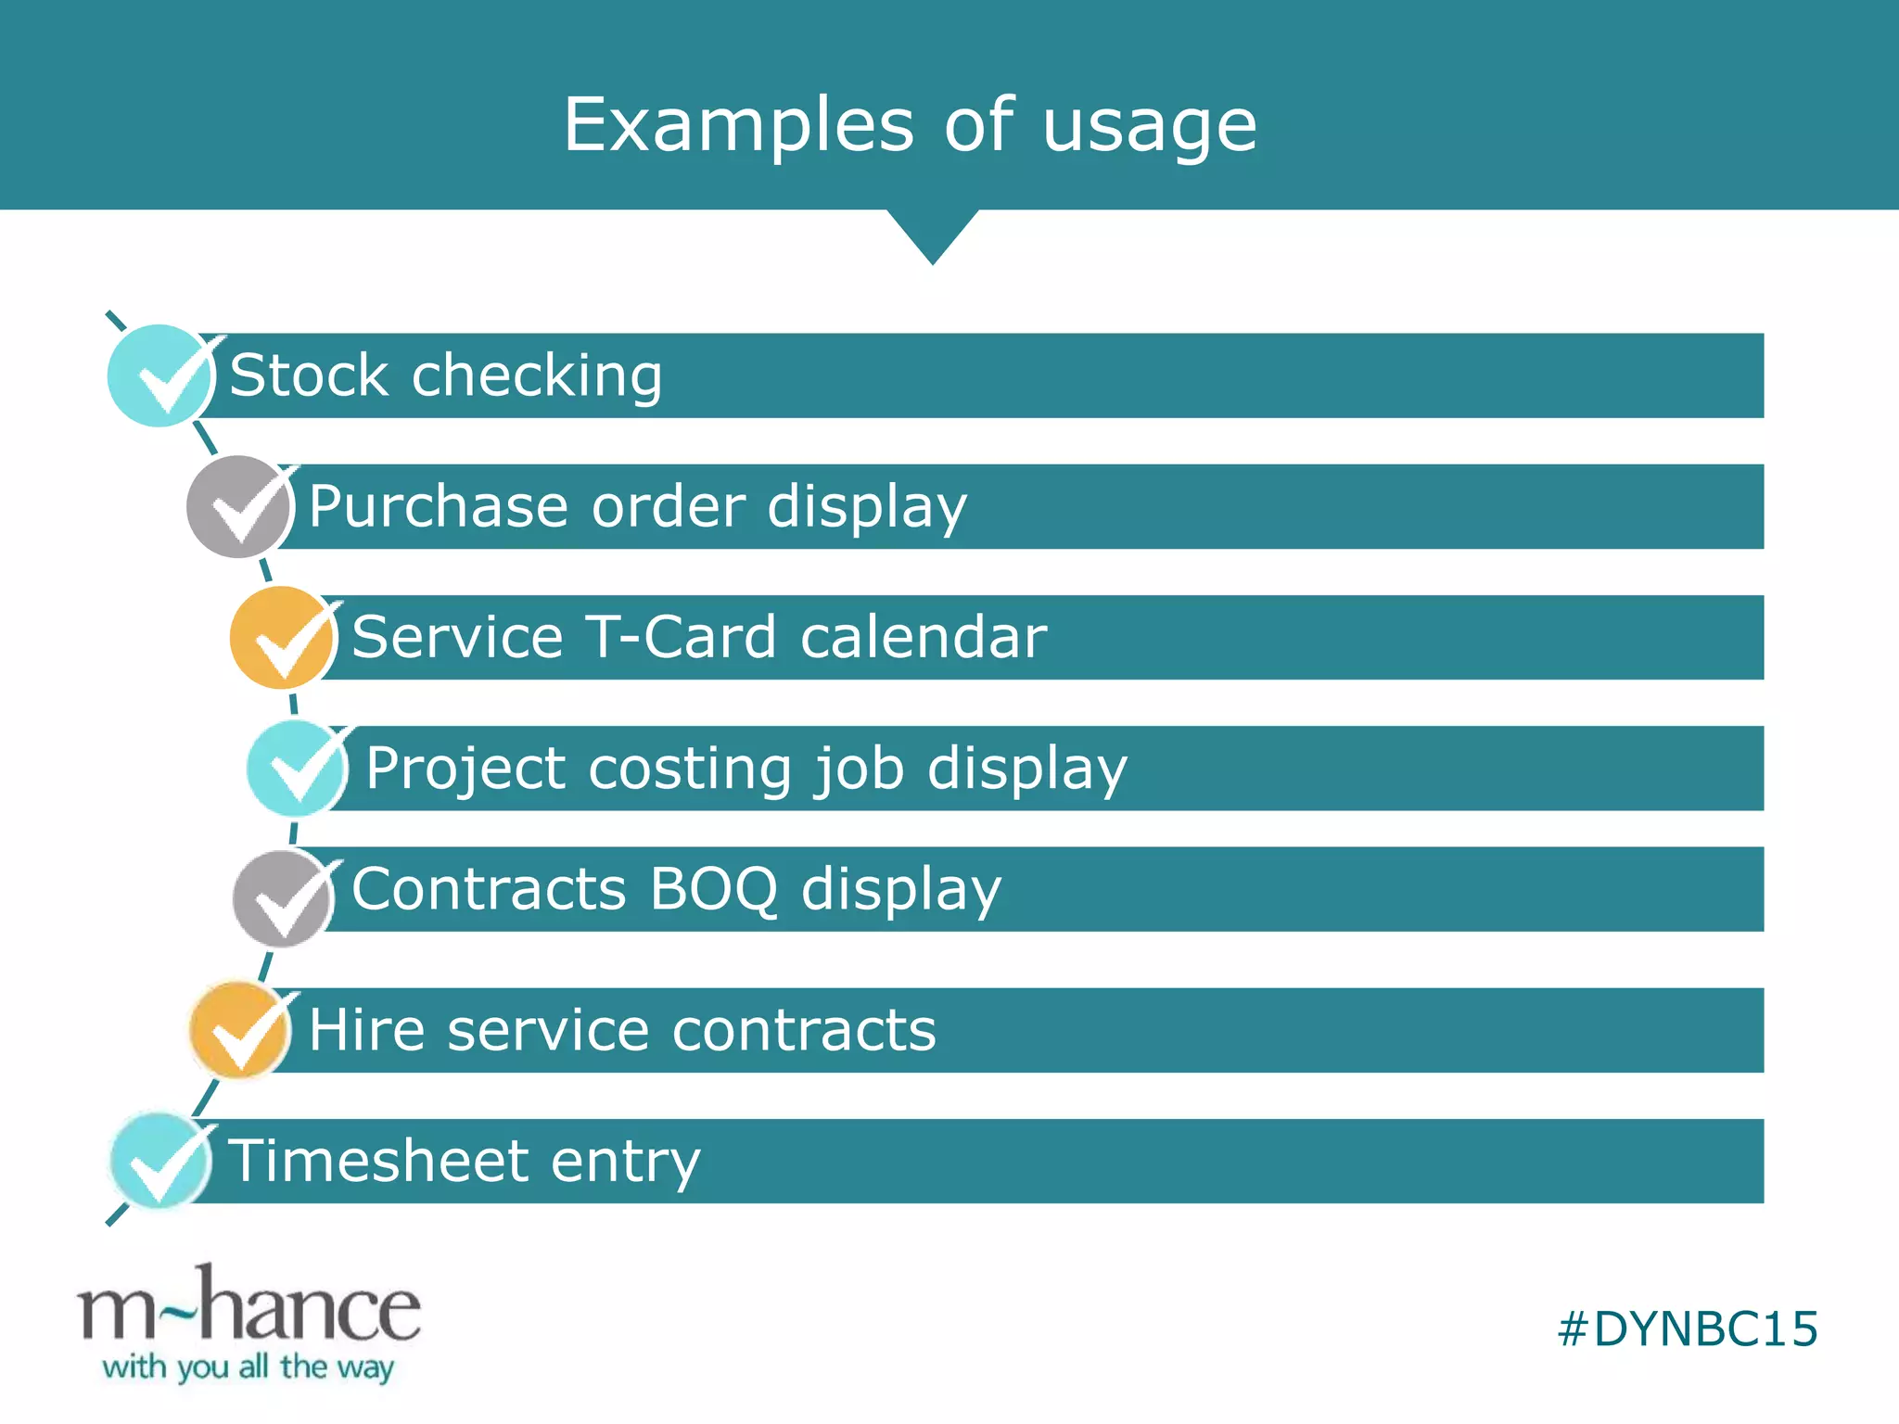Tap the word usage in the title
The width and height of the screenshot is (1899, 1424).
pyautogui.click(x=1149, y=127)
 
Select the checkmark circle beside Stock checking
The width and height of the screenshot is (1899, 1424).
pyautogui.click(x=159, y=375)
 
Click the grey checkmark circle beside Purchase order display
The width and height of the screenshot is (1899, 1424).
pyautogui.click(x=239, y=506)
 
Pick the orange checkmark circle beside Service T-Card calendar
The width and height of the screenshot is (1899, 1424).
pyautogui.click(x=282, y=638)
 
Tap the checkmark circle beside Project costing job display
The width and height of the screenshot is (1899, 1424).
pyautogui.click(x=297, y=769)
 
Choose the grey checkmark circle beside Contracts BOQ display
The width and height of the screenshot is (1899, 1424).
pyautogui.click(x=284, y=897)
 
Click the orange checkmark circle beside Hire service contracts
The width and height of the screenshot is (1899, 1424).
pyautogui.click(x=240, y=1030)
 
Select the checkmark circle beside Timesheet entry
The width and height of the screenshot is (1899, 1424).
pyautogui.click(x=160, y=1161)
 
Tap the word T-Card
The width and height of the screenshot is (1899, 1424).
pyautogui.click(x=682, y=638)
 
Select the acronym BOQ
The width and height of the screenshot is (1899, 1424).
pyautogui.click(x=713, y=890)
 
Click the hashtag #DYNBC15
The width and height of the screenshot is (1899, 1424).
pyautogui.click(x=1687, y=1329)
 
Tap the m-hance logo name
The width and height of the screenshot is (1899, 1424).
pyautogui.click(x=249, y=1307)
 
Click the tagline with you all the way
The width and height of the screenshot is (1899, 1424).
pyautogui.click(x=249, y=1367)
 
